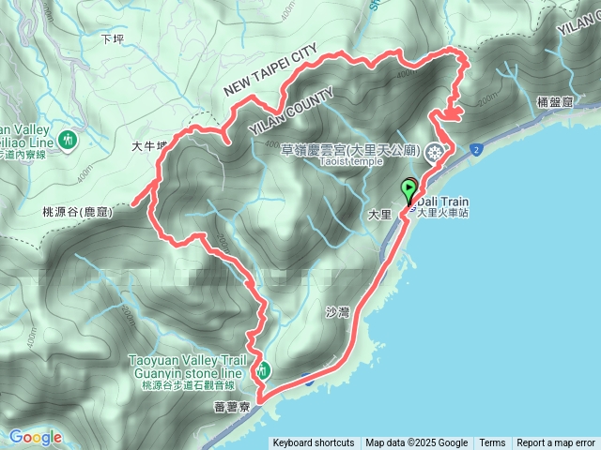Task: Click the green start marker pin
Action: [x=408, y=191]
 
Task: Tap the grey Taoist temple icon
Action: [x=435, y=153]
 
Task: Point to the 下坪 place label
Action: [x=112, y=38]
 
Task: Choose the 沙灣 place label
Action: [x=336, y=311]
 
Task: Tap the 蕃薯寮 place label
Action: [x=231, y=406]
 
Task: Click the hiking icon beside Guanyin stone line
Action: [x=265, y=370]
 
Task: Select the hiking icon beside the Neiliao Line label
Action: [x=67, y=141]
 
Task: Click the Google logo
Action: [x=36, y=437]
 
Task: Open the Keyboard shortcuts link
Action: [x=314, y=443]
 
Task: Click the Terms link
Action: [x=492, y=443]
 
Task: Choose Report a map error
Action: [x=556, y=443]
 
